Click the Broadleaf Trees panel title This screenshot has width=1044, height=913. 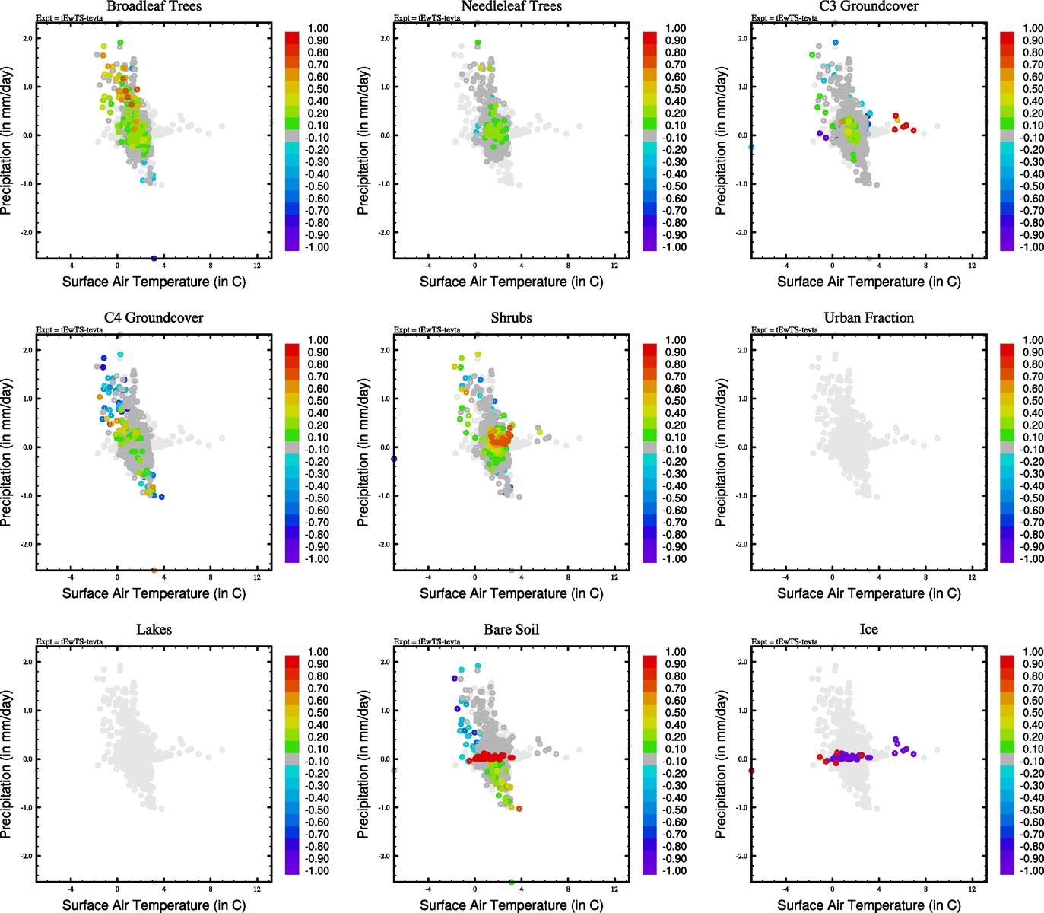coord(154,7)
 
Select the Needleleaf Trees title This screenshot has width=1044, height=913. coord(511,7)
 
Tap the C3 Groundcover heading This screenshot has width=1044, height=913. coord(868,7)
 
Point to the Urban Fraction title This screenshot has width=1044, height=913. coord(868,318)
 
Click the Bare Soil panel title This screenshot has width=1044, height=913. coord(511,630)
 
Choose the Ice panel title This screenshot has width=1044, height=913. coord(868,630)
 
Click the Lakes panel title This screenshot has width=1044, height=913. coord(154,630)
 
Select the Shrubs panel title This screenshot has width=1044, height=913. coord(511,318)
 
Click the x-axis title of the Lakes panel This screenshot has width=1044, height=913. coord(154,905)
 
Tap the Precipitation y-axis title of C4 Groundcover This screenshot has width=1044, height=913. coord(7,453)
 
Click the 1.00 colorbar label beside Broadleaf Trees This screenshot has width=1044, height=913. coord(318,28)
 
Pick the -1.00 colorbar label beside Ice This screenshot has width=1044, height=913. coord(1032,871)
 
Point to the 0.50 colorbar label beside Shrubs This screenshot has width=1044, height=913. coord(676,401)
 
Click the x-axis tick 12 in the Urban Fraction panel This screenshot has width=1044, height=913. coord(973,577)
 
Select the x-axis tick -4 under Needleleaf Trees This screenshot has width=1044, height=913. coord(428,266)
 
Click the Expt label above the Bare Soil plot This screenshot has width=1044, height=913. coord(427,641)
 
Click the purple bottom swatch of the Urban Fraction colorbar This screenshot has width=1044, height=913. coord(1008,556)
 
